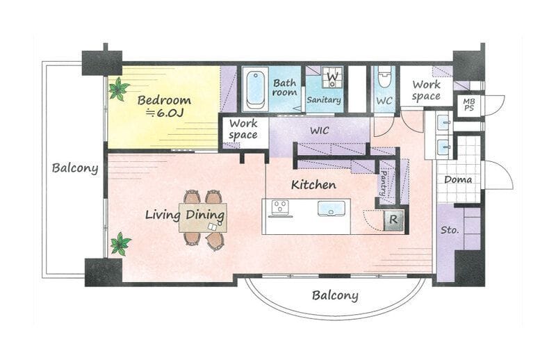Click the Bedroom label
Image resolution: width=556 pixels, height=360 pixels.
[164, 100]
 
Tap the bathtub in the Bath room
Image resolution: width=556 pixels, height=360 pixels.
[255, 90]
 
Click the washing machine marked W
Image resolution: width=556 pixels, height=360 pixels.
[332, 77]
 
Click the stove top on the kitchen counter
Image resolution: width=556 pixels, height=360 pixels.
[281, 208]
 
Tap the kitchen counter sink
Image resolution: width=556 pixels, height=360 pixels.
[332, 208]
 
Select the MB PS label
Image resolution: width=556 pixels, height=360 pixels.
[468, 106]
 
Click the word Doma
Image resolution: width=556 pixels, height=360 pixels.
[458, 179]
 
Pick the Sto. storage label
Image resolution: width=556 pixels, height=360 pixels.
[450, 230]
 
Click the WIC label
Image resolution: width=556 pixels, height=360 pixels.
[320, 131]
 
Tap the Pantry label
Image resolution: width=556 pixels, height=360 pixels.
[384, 183]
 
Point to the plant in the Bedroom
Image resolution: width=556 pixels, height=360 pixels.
[118, 89]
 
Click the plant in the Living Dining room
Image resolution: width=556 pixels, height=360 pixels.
[120, 244]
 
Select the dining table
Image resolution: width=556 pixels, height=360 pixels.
[203, 218]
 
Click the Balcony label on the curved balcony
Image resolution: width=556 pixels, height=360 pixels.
[335, 295]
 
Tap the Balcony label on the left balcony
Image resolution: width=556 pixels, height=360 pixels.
[75, 168]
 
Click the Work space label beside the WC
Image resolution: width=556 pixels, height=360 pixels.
[427, 90]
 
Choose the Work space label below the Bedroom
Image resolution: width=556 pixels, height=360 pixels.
[243, 129]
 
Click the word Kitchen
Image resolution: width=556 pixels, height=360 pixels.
[314, 184]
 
